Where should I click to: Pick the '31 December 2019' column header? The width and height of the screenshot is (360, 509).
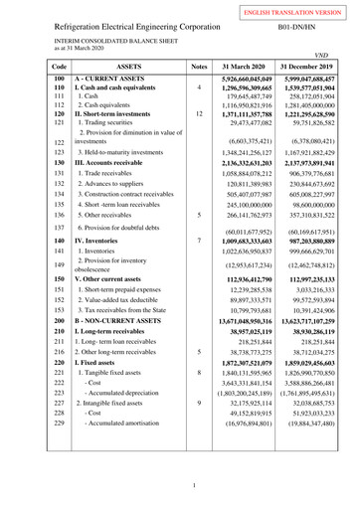[306, 66]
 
